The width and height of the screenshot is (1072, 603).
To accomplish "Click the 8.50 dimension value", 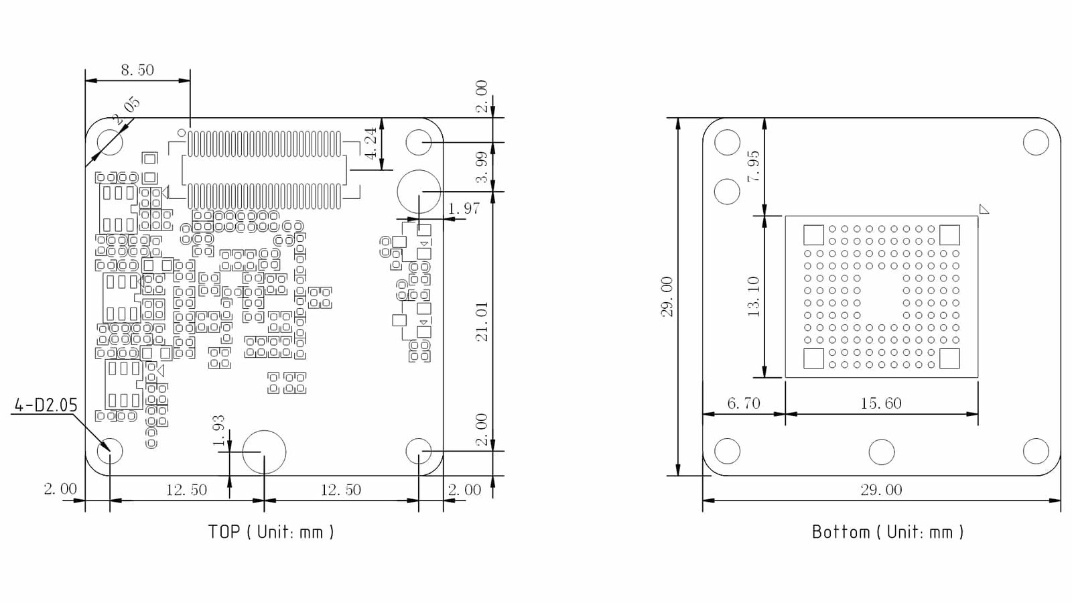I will pos(137,70).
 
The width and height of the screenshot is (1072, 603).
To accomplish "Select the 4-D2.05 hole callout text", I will pos(46,405).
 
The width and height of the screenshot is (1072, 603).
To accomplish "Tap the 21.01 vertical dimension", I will pos(482,322).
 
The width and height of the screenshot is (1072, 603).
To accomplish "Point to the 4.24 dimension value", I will pos(371,143).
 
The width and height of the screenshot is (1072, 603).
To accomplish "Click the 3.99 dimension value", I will pos(482,167).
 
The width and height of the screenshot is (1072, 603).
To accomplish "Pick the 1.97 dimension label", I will pos(464,208).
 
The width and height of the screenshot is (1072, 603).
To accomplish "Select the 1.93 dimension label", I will pos(218,431).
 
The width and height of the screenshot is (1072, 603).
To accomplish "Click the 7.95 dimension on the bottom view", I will pos(754,166).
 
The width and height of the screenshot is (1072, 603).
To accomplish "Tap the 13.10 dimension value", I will pos(754,296).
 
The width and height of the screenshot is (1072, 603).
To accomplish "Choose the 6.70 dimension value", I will pos(744,403).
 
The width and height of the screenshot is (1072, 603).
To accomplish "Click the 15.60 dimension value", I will pos(881,403).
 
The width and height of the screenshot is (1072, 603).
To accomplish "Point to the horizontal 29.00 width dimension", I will pos(881,490).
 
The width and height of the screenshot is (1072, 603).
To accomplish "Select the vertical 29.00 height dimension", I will pos(667,296).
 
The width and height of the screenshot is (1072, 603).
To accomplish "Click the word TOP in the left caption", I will pos(224,532).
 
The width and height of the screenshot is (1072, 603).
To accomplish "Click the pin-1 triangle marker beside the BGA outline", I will pos(984,209).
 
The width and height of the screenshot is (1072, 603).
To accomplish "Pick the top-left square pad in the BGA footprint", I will pos(813,235).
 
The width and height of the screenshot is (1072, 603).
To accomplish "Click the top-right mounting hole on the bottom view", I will pos(1036,143).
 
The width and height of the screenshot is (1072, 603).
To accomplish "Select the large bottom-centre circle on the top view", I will pos(264,452).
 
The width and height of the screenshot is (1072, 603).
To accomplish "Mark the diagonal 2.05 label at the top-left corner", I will pos(127,111).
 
